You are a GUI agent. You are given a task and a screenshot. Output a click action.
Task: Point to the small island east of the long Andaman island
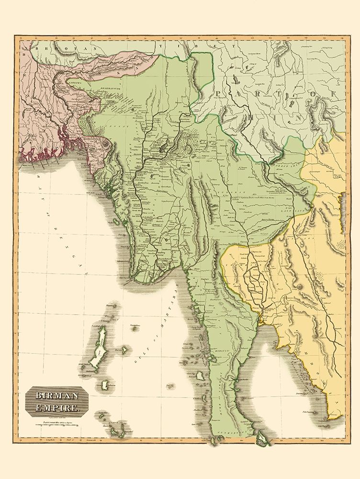click(124, 350)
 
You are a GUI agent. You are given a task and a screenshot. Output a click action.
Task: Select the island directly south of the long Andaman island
click(105, 384)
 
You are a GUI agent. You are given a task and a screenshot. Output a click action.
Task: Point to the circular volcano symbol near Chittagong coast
click(106, 144)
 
